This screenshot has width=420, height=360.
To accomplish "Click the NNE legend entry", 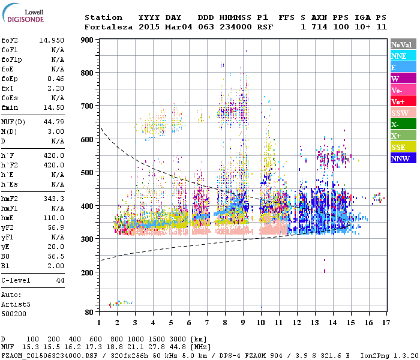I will click(x=401, y=56).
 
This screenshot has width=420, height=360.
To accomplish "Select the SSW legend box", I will click(x=401, y=113).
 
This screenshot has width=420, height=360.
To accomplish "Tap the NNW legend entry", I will click(x=401, y=159).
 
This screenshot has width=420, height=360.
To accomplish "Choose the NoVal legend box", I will click(x=401, y=44).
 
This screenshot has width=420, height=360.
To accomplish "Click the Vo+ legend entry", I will click(x=401, y=102).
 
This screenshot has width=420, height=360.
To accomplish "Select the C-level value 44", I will click(x=59, y=280).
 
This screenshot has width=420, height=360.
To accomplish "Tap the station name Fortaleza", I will click(x=109, y=27).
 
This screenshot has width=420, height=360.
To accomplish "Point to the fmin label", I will click(x=10, y=107).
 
